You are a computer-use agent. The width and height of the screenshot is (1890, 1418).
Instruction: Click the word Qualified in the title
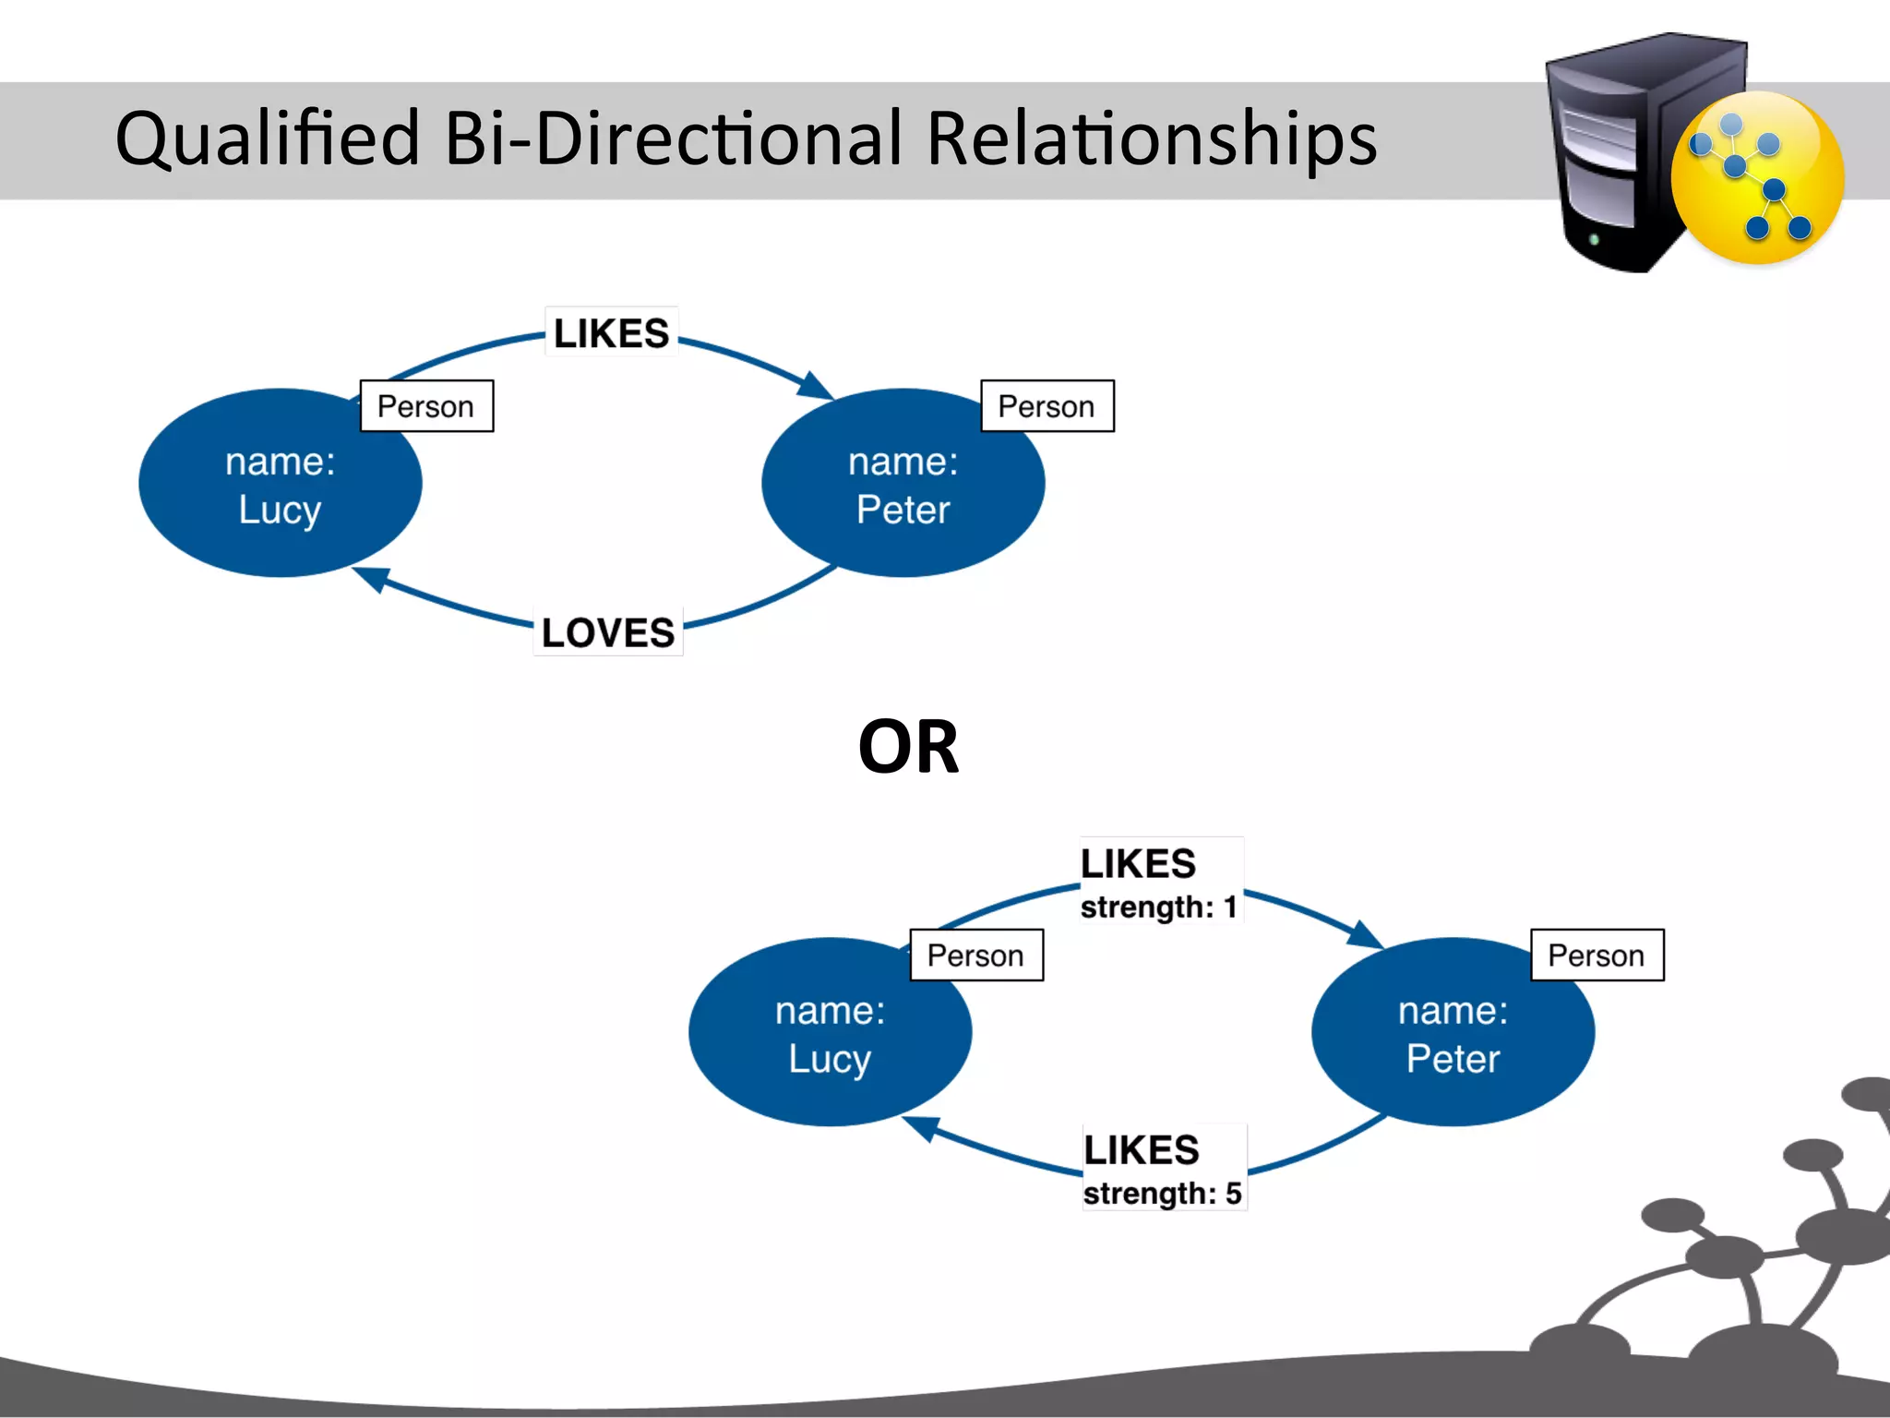pos(268,139)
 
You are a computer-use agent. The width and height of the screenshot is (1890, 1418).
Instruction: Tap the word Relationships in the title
pos(1151,139)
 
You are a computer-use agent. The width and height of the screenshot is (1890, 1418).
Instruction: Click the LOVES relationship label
pos(608,632)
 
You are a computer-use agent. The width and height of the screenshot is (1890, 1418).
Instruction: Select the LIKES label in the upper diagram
pos(611,333)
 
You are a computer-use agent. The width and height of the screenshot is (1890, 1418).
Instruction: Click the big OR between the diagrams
pos(908,747)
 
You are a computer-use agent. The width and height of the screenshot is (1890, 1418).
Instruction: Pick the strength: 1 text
pos(1158,907)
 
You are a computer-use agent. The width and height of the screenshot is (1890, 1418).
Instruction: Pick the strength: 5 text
pos(1162,1193)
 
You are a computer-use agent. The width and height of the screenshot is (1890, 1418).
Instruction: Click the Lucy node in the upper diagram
pos(280,485)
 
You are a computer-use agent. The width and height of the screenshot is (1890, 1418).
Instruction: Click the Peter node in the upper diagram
pos(903,485)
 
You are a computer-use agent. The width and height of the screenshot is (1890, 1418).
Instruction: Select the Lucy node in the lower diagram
pos(829,1034)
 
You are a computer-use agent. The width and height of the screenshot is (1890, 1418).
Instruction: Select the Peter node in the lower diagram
pos(1452,1034)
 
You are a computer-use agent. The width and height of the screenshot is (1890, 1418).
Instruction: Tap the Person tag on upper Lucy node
pos(426,406)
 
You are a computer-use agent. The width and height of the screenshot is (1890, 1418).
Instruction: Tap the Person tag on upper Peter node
pos(1047,406)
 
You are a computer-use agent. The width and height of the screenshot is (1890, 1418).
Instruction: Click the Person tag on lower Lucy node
pos(975,955)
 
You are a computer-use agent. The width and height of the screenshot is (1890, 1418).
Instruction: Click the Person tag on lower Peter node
pos(1597,955)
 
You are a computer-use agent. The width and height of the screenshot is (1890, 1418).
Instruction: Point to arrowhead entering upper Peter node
pos(816,386)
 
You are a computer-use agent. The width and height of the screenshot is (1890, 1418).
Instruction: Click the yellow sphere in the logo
pos(1758,177)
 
